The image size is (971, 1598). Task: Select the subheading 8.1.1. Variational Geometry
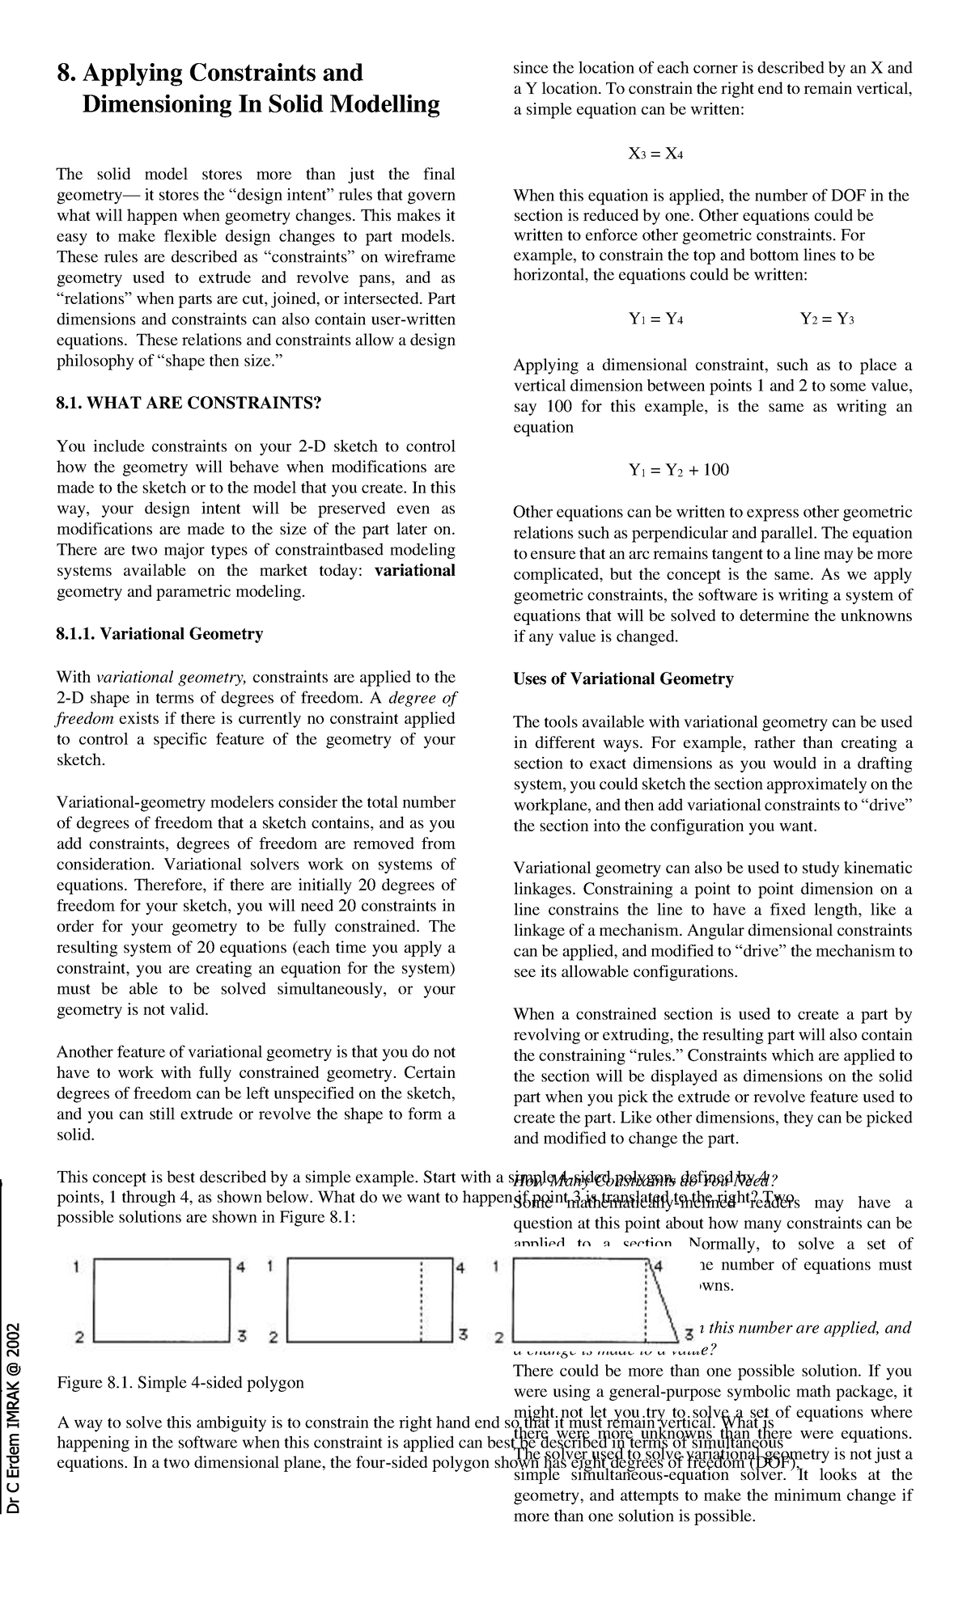click(159, 634)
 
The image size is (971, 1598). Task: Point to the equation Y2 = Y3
click(827, 319)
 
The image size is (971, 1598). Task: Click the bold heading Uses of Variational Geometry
click(623, 679)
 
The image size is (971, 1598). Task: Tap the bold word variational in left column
click(415, 571)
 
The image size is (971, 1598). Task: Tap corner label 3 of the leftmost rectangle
click(240, 1337)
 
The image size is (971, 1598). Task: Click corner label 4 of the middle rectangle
click(460, 1267)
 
